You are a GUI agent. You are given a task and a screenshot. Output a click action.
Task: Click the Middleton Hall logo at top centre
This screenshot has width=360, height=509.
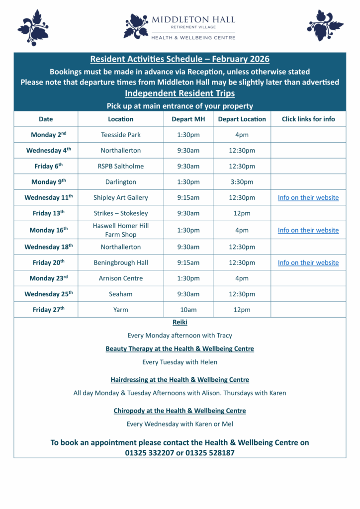coord(180,26)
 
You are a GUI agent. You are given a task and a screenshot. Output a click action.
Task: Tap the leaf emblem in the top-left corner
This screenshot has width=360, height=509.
coord(33,27)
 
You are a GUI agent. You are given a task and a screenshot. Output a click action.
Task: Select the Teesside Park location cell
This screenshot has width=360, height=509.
coord(121,135)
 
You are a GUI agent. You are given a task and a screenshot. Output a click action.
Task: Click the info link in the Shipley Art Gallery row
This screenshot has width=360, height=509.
coord(308,197)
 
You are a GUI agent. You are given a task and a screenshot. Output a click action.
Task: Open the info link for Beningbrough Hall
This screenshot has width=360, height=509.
coord(308,262)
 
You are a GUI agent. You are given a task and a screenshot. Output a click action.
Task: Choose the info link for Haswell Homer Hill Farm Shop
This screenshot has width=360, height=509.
coord(308,230)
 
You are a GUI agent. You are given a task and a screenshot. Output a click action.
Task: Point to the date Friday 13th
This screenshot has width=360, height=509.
coord(48,213)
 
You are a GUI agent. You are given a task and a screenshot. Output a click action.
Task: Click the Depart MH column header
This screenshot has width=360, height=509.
coord(188,119)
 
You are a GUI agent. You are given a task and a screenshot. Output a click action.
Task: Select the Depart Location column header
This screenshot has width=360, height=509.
coord(242,119)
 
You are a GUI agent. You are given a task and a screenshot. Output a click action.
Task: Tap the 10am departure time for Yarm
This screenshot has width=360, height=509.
coord(188,310)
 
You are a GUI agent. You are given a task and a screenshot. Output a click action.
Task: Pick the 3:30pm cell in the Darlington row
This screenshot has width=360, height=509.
coord(242,182)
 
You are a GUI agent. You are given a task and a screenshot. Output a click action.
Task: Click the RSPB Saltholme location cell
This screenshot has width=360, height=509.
coord(121,166)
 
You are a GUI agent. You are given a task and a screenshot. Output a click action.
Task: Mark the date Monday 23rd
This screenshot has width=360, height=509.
coord(48,278)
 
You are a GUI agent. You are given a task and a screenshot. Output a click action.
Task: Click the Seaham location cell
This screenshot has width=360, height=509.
coord(121,294)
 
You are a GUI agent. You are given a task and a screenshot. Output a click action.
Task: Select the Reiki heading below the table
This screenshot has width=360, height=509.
coord(180,323)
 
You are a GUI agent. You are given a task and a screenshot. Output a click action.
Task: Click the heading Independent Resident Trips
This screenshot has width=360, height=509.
coord(180,93)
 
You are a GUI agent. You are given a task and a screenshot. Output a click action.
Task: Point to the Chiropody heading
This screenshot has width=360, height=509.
coord(180,411)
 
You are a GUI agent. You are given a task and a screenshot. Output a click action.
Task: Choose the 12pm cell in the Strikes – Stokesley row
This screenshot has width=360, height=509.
coord(242,213)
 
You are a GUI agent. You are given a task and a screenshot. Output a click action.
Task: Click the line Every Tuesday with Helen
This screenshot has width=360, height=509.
coord(180,362)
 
